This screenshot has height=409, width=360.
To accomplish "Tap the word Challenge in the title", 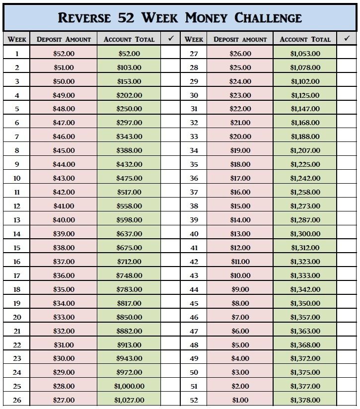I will (268, 18).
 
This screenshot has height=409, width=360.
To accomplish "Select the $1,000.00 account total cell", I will (129, 386).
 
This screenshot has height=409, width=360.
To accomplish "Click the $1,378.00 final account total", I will (305, 400).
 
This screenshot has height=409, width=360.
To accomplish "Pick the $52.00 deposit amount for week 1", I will (64, 54).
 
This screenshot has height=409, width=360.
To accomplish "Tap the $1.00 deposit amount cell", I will (240, 400).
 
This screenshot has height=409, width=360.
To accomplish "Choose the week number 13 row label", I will (17, 220).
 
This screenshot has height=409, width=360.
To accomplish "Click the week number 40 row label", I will (194, 234).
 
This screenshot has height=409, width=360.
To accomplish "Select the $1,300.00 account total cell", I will (305, 234).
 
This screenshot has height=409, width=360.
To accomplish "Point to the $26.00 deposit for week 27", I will (240, 54).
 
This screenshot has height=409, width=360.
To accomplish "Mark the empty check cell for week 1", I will (170, 54).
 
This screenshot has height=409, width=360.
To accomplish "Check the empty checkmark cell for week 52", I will (347, 400).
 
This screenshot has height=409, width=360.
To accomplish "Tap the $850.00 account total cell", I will (129, 317).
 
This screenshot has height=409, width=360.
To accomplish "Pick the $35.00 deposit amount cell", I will (64, 289).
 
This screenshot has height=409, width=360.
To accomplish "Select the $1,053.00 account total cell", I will (305, 54).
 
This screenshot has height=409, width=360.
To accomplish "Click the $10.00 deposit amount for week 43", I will (240, 275).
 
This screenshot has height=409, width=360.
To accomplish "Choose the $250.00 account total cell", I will (129, 109).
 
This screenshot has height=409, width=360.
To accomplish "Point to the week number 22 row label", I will (17, 345).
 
